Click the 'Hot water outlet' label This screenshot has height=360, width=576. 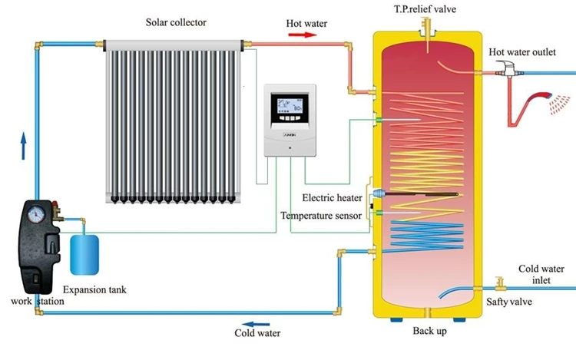522,51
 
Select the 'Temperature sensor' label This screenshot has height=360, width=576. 320,216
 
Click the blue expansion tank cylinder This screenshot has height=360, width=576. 84,255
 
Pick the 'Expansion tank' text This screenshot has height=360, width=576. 94,289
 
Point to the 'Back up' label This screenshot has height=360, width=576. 429,332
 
